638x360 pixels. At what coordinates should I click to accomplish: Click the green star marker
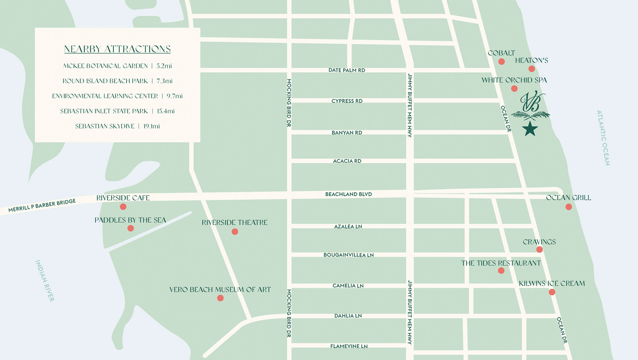tap(530, 129)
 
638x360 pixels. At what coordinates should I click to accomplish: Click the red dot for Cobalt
tap(501, 61)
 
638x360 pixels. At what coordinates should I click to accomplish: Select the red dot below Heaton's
tap(531, 69)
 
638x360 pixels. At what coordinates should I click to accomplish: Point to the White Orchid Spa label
tap(514, 80)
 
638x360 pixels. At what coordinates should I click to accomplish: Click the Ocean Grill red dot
tap(569, 207)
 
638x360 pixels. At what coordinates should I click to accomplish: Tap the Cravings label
tap(539, 242)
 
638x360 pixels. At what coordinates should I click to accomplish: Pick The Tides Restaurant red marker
tap(501, 271)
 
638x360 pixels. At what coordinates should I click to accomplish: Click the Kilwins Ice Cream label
tap(552, 283)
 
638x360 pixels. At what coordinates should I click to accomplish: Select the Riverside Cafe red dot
tap(123, 207)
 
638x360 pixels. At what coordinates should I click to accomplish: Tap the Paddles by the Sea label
tap(130, 220)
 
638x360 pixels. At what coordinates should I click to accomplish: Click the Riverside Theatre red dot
tap(235, 232)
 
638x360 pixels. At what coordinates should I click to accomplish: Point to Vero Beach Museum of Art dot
tap(220, 298)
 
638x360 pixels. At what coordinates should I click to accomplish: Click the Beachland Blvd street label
tap(348, 194)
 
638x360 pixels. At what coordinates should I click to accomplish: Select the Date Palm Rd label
tap(346, 70)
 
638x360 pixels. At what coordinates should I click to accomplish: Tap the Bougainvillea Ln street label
tap(348, 255)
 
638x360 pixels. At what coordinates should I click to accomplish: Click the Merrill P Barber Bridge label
tap(42, 205)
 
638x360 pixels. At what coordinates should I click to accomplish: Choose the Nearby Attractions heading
tap(117, 49)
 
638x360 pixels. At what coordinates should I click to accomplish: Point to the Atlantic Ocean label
tap(603, 138)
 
